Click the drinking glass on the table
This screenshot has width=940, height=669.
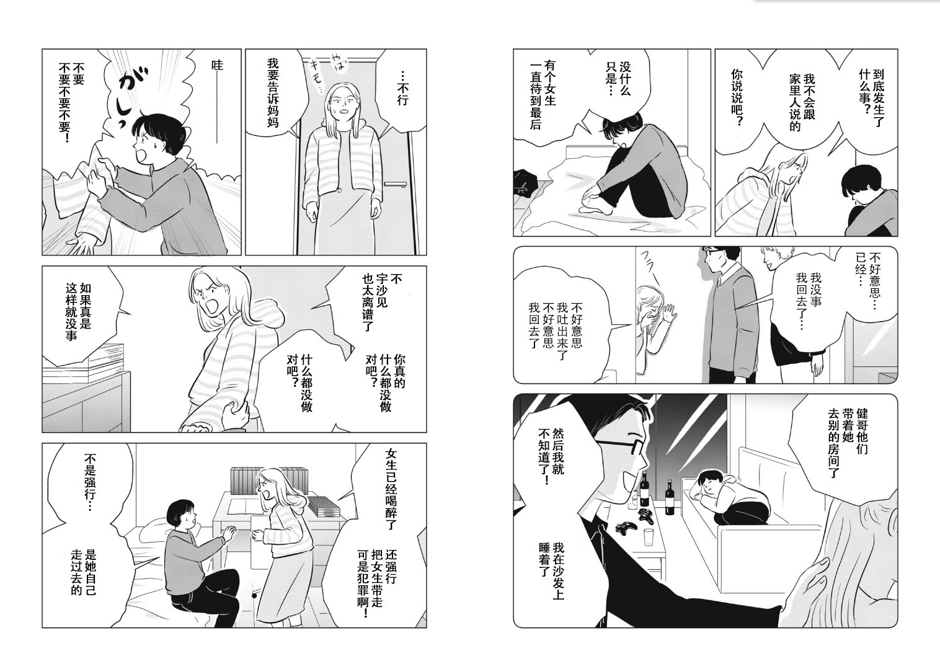[x=649, y=537]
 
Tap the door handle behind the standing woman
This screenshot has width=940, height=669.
[x=396, y=184]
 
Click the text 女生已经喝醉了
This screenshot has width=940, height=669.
[x=390, y=489]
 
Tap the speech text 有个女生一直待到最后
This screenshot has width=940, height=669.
[x=543, y=95]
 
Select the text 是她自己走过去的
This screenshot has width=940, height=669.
[x=84, y=572]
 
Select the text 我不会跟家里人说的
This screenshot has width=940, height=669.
[x=801, y=104]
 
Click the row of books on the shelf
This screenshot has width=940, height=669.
[x=268, y=480]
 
